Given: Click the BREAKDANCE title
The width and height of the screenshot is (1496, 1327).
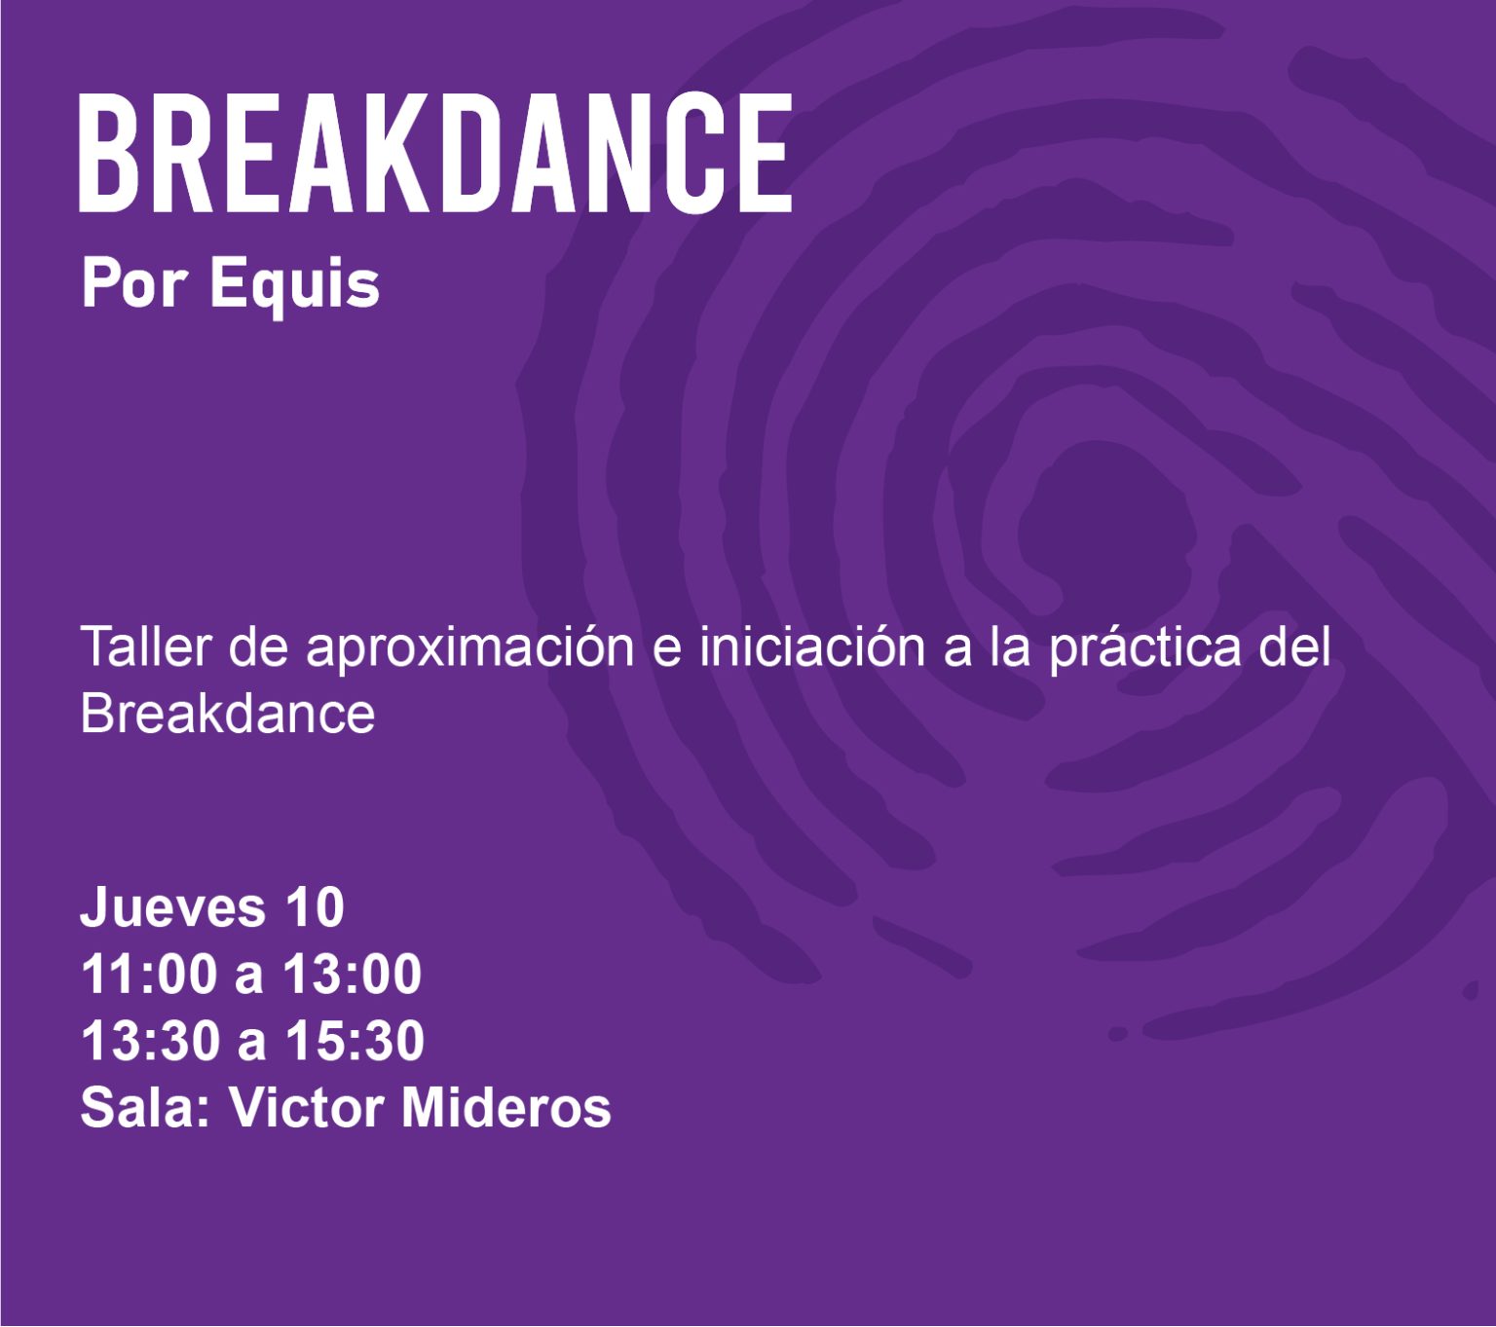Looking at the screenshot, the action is (435, 153).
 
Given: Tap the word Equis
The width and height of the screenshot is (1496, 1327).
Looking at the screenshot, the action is (294, 286).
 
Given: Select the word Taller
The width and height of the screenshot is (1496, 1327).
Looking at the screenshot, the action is (146, 645).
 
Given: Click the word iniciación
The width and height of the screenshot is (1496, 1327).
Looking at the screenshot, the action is (812, 645).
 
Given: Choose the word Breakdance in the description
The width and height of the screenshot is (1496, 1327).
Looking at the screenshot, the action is (228, 714).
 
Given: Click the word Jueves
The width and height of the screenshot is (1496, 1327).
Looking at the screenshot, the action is (172, 907).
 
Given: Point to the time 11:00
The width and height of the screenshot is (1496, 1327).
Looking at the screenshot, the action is (148, 975).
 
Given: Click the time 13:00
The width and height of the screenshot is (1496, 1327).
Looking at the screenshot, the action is (352, 975).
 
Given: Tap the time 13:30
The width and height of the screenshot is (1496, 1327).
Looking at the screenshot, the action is (150, 1041).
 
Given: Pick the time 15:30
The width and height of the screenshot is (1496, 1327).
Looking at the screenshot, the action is (355, 1041).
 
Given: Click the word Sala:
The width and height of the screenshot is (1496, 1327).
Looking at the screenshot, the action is (145, 1107).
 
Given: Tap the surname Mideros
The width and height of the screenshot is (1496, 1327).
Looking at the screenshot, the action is (506, 1107).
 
